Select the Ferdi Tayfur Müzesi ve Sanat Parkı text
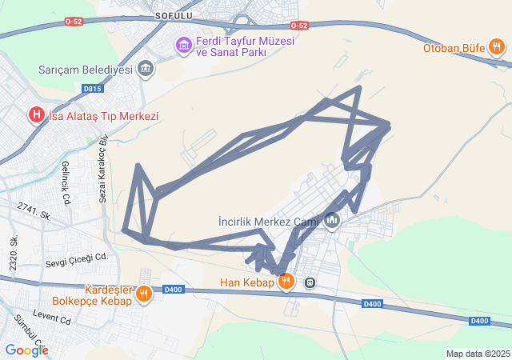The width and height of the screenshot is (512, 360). coord(230,46)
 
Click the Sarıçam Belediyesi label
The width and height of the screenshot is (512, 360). coord(85,69)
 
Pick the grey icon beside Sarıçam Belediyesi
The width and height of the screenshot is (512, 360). coord(146,69)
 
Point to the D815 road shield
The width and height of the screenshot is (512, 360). coord(92,89)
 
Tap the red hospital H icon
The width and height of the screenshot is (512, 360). coord(36,116)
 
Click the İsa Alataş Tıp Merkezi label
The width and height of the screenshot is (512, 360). coord(104,116)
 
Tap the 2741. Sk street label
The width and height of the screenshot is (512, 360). coord(34,211)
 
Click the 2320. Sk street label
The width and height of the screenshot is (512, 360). coord(14,253)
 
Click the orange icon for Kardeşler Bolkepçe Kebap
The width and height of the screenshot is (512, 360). coord(144,294)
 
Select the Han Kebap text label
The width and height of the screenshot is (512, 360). coord(246,282)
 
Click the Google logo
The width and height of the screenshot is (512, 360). coord(26,350)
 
